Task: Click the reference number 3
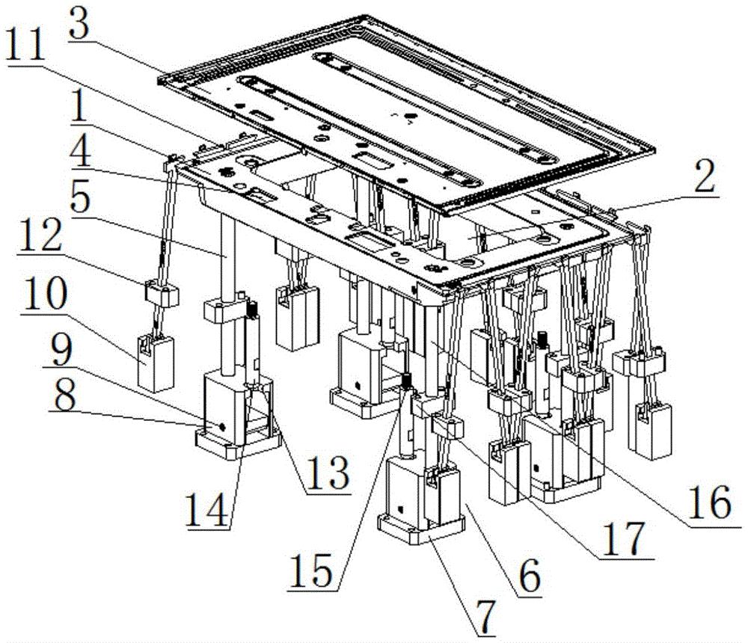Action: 80,26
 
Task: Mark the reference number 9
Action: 61,351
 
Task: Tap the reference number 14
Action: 207,510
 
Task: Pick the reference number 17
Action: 624,540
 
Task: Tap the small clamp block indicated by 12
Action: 162,294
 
